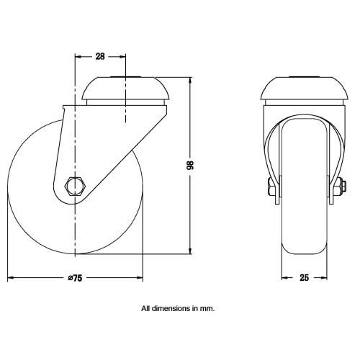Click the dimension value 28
(x=100, y=56)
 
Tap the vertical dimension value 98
(x=190, y=165)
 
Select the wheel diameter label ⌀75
(x=75, y=278)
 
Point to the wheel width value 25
(x=304, y=278)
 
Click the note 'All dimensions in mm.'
(x=178, y=308)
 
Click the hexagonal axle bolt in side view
(x=75, y=186)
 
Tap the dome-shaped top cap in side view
(x=125, y=89)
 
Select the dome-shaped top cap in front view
(x=305, y=89)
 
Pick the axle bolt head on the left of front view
(x=271, y=186)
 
